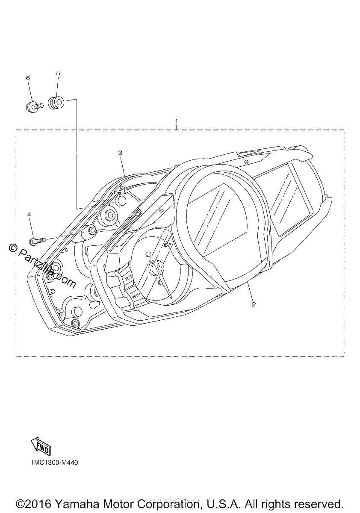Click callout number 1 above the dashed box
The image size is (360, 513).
(x=176, y=121)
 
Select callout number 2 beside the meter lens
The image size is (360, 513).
(x=254, y=304)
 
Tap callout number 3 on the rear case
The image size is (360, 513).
(x=120, y=153)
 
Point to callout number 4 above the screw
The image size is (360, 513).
(x=29, y=214)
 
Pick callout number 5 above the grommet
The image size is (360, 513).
(x=58, y=73)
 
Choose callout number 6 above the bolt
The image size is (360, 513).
(x=28, y=78)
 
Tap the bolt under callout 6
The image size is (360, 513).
(x=34, y=107)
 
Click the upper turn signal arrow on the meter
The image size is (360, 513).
(x=246, y=161)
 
